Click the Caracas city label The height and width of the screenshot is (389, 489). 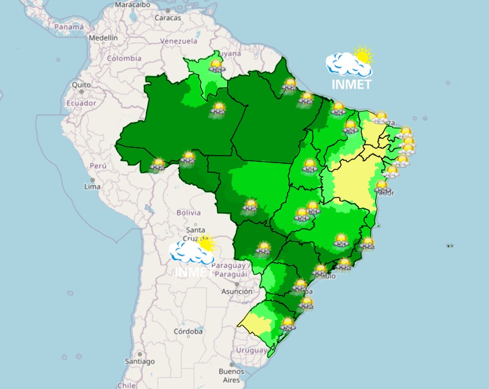(x=167, y=17)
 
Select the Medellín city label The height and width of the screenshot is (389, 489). (x=103, y=38)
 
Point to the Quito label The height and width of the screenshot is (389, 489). (x=81, y=85)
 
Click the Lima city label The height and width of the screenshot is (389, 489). (x=92, y=186)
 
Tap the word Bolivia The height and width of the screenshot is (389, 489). (x=189, y=213)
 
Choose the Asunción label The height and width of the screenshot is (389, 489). (x=237, y=292)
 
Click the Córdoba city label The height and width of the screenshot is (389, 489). (x=188, y=331)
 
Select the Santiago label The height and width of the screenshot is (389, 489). (x=139, y=361)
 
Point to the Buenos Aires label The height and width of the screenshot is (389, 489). (x=232, y=376)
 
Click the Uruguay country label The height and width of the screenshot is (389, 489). (x=251, y=350)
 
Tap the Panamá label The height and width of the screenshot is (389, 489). (x=69, y=27)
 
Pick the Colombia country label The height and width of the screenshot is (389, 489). (x=124, y=58)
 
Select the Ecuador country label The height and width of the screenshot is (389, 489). (x=81, y=103)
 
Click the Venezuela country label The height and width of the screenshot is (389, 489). (x=179, y=41)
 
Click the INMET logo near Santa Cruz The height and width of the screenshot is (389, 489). (x=194, y=256)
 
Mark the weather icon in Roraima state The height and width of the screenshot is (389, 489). (x=216, y=66)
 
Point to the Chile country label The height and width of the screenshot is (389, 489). (x=126, y=385)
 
